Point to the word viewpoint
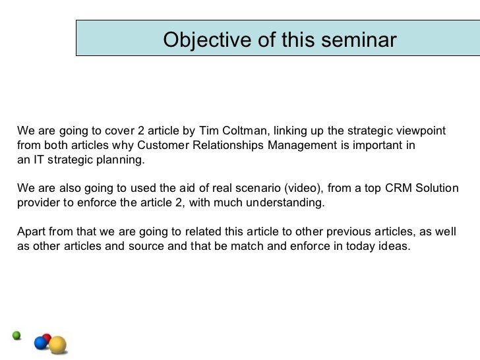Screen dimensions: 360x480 422,131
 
